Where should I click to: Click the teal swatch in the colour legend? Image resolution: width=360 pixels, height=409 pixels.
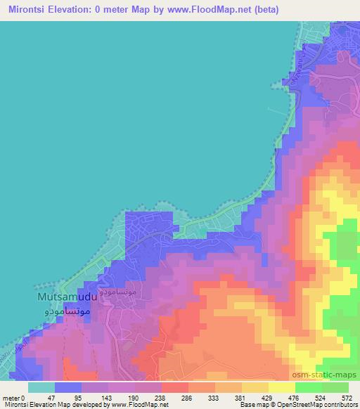(x=41, y=387)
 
